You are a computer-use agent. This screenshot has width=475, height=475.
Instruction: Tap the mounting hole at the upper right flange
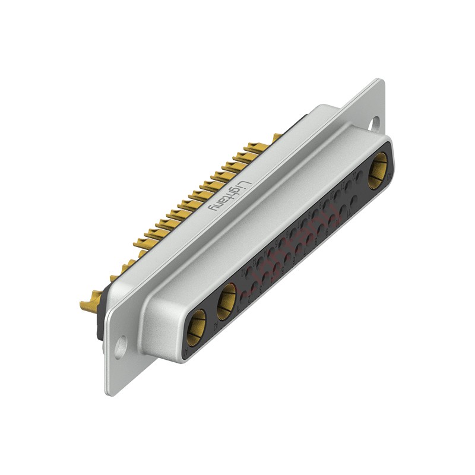375,123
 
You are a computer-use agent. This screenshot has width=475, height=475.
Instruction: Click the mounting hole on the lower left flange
121,346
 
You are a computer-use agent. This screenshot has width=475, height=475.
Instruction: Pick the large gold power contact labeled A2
226,300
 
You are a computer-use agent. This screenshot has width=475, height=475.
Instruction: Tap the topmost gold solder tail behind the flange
276,138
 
